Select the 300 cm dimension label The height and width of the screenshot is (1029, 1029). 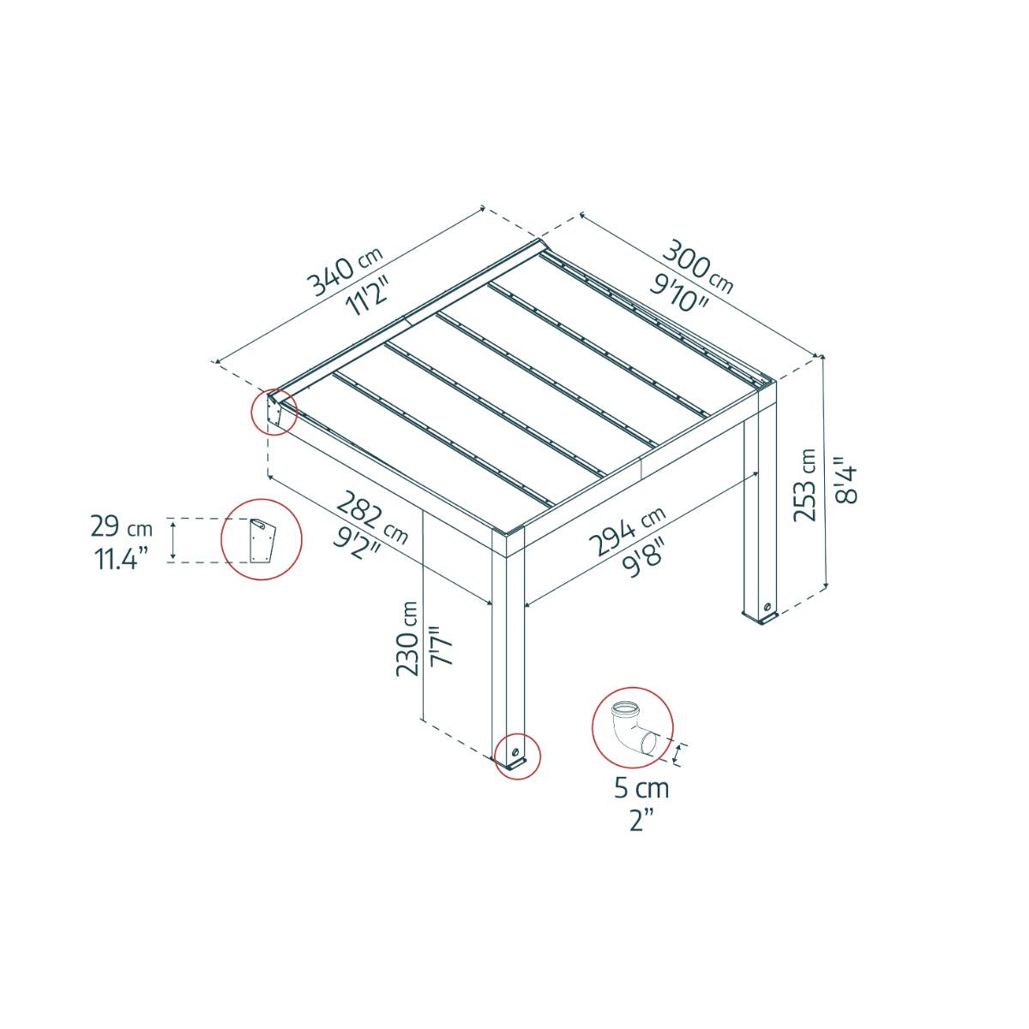696,264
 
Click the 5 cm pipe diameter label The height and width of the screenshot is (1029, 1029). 641,787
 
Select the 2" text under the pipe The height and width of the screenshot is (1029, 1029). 641,821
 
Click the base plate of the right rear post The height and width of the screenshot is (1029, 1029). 761,614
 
